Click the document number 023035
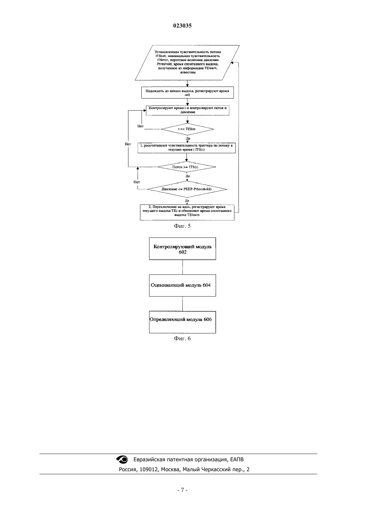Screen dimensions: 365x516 click(x=182, y=26)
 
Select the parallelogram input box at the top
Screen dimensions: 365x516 click(x=187, y=63)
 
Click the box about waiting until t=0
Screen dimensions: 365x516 click(x=187, y=93)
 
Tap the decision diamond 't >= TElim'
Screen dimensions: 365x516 click(x=187, y=129)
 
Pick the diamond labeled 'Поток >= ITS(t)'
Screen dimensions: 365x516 click(x=186, y=167)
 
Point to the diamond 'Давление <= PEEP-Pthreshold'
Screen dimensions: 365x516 click(x=187, y=189)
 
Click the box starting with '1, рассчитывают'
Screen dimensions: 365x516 click(x=186, y=148)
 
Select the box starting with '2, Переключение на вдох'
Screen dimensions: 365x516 click(x=187, y=212)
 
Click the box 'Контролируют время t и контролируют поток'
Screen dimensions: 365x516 click(x=187, y=110)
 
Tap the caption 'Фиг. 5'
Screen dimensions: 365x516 click(x=182, y=226)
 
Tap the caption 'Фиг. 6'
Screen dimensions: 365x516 click(x=182, y=338)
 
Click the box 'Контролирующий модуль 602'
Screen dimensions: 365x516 click(x=183, y=249)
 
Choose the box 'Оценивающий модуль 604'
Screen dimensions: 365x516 click(x=183, y=286)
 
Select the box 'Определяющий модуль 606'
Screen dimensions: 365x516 click(x=183, y=322)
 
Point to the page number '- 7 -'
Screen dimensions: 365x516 click(x=182, y=490)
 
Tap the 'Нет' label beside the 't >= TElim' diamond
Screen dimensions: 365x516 click(x=140, y=126)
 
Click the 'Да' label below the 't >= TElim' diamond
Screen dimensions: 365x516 click(x=188, y=138)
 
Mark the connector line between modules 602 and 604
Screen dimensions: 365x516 click(x=183, y=267)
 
